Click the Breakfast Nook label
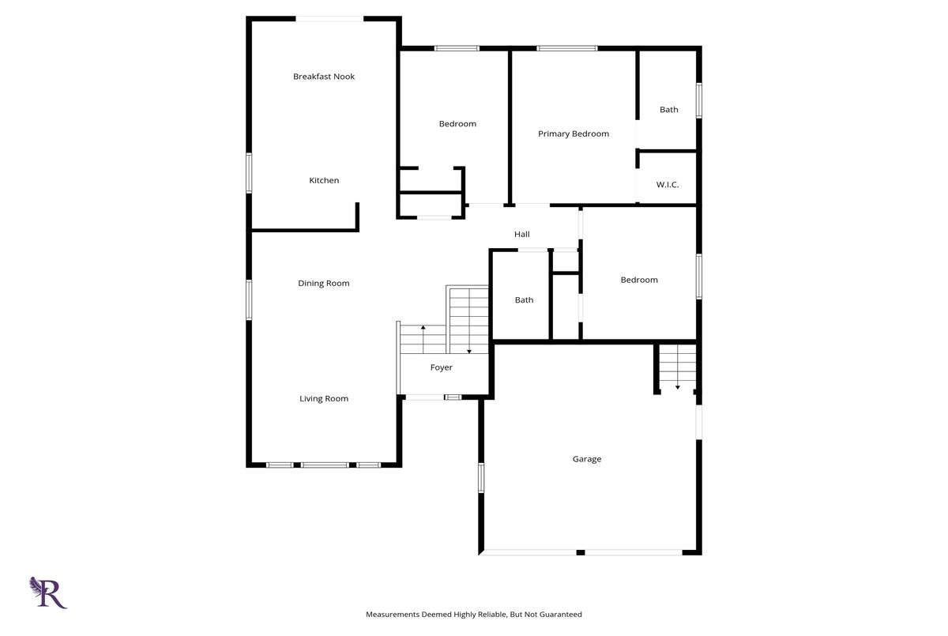click(324, 77)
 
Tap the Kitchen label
click(324, 180)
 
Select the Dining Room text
click(324, 284)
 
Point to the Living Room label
click(324, 399)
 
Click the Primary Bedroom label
click(574, 134)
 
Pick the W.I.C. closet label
click(668, 185)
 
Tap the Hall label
click(522, 234)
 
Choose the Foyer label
click(442, 367)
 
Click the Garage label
click(586, 459)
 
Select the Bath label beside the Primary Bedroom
click(668, 110)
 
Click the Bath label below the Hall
click(524, 300)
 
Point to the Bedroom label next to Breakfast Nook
click(457, 124)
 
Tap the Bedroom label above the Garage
click(639, 280)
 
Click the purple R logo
click(48, 593)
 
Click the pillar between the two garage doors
click(581, 552)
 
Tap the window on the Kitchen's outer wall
click(249, 174)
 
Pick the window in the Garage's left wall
click(481, 478)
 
